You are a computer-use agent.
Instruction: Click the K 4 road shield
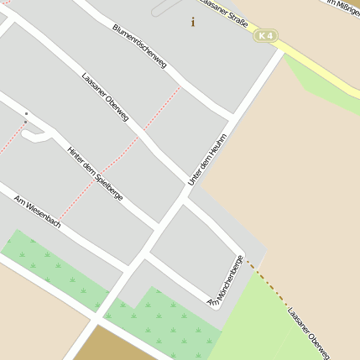[266, 36]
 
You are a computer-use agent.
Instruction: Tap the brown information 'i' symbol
[193, 22]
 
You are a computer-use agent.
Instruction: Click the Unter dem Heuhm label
[207, 159]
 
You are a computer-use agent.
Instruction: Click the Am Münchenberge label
[226, 280]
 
